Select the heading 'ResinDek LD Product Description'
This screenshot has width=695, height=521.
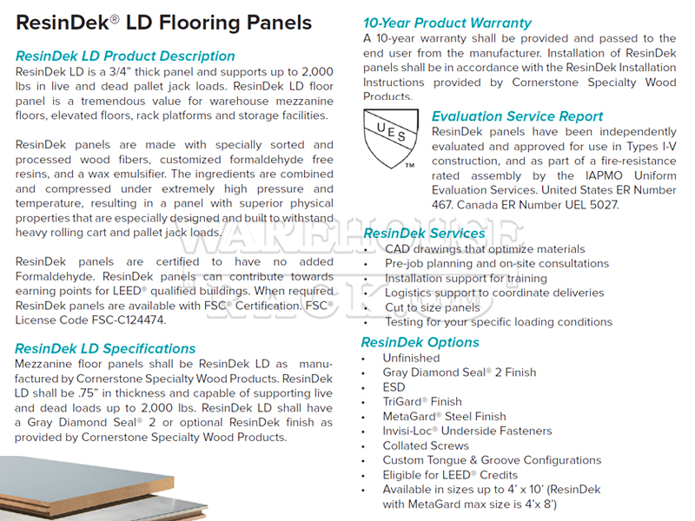pos(125,56)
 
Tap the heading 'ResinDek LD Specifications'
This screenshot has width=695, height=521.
pos(105,349)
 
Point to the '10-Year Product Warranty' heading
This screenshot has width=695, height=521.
pos(447,23)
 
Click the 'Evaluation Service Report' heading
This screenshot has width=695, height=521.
pos(517,116)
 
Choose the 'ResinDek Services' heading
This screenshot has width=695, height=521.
pos(424,233)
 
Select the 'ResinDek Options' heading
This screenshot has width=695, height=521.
pos(420,342)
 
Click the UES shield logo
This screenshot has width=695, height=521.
pos(391,139)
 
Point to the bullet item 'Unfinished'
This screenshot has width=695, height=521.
pos(411,358)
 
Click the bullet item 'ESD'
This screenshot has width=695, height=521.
pos(394,387)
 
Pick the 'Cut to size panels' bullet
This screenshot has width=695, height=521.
pos(433,307)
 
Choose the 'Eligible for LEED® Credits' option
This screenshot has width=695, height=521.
pos(450,475)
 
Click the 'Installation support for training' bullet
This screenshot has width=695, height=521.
pos(466,278)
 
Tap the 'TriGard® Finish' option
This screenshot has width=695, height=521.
pos(422,402)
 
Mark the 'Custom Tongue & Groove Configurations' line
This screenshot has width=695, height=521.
pos(492,460)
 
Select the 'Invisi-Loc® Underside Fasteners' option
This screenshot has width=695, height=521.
pos(467,431)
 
